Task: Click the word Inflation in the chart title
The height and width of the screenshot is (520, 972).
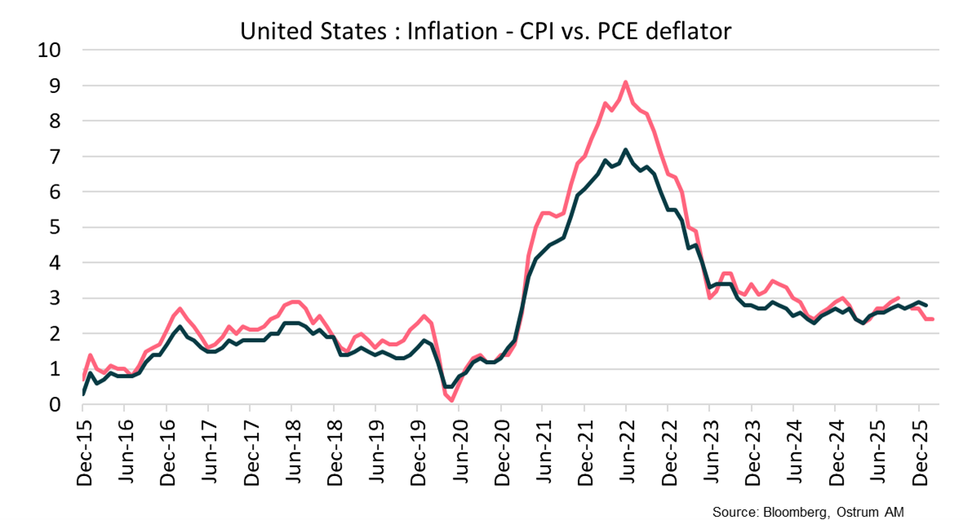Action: click(450, 32)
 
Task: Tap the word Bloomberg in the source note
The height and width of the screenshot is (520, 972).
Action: click(792, 512)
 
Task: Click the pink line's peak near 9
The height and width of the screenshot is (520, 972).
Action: click(625, 82)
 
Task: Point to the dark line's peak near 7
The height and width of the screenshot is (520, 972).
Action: click(625, 150)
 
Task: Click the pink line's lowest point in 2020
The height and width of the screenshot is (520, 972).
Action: click(452, 400)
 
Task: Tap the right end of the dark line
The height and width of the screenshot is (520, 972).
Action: click(925, 304)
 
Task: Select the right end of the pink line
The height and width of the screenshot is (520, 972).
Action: click(933, 319)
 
